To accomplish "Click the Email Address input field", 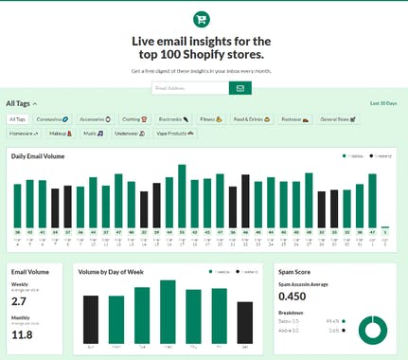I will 189,88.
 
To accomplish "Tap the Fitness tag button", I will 211,119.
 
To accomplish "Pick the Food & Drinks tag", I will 252,119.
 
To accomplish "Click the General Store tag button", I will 337,119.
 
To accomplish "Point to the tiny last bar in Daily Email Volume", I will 385,227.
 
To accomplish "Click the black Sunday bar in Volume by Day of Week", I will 91,319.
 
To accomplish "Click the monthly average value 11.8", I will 22,334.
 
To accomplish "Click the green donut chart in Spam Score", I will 372,327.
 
